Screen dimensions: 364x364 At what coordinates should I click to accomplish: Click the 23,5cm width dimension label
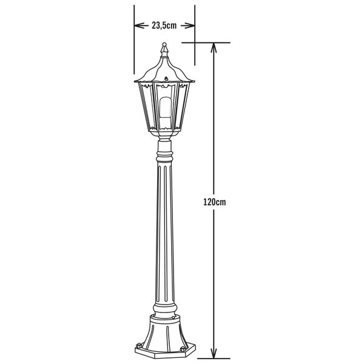164,25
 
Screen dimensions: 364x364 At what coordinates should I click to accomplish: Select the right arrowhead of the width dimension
191,25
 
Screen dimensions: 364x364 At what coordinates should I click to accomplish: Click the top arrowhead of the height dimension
214,47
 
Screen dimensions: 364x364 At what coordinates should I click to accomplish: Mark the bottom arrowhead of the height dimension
214,354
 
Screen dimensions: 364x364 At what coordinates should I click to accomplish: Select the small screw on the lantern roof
164,78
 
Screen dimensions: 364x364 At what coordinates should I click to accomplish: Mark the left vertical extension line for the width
133,45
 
